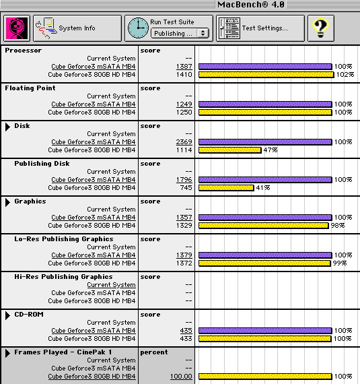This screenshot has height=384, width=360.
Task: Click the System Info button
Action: (x=77, y=28)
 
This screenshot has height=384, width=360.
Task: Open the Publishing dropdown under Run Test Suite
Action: (x=180, y=33)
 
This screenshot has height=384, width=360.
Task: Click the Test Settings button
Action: (x=260, y=28)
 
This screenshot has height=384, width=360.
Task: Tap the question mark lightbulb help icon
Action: (x=321, y=28)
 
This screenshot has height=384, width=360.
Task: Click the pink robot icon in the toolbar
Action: (x=17, y=28)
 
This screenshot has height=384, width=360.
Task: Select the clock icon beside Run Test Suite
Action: (x=138, y=28)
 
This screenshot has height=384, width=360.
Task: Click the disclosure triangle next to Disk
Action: (x=7, y=127)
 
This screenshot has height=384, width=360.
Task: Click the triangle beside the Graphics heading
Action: (x=7, y=202)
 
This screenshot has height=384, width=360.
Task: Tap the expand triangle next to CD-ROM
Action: (x=7, y=315)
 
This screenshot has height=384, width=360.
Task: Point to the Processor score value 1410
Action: (x=184, y=75)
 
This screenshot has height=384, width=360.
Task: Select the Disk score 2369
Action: (x=184, y=141)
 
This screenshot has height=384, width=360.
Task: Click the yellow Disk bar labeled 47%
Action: (x=230, y=150)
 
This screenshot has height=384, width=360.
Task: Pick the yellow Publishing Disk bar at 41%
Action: (x=226, y=187)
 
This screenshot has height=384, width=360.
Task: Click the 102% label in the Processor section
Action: (x=345, y=75)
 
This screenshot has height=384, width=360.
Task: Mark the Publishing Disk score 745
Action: (x=186, y=187)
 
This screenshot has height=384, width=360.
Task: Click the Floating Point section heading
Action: (x=30, y=88)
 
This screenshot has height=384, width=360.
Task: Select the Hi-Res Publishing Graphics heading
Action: (x=63, y=277)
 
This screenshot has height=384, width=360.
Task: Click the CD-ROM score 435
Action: (x=186, y=330)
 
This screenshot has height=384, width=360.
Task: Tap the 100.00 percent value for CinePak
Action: (x=181, y=376)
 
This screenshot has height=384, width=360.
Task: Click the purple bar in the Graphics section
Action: (x=265, y=217)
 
